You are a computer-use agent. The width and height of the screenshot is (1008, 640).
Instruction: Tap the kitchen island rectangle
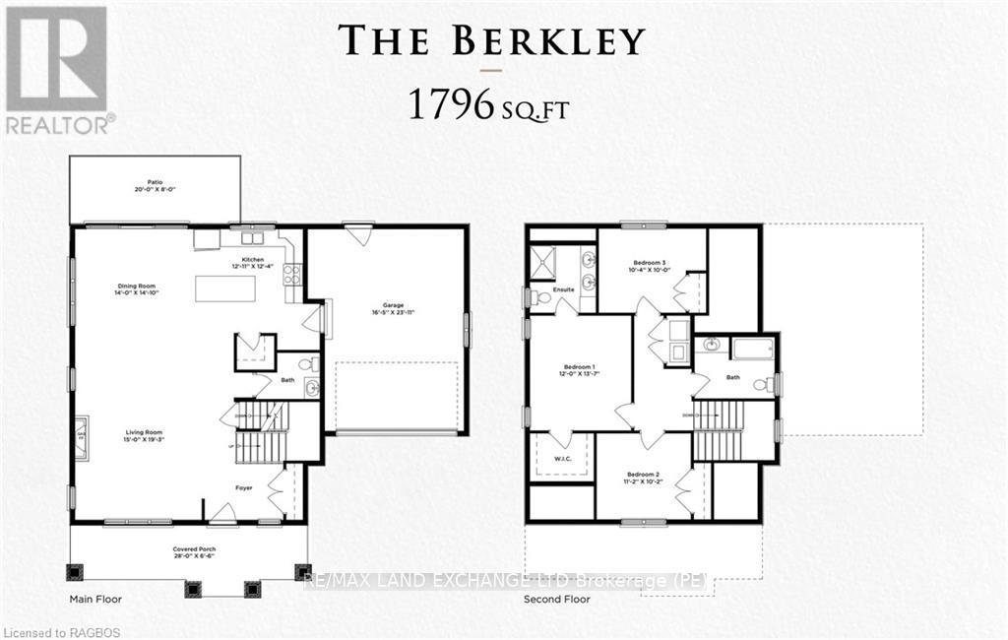tap(225, 288)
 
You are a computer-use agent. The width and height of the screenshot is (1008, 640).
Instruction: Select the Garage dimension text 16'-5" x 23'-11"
tap(386, 313)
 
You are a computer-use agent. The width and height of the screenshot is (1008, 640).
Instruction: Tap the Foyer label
tap(243, 487)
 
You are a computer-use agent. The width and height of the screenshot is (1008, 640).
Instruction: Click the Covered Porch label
tap(187, 548)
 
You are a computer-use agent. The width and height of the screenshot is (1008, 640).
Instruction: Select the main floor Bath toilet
tap(307, 365)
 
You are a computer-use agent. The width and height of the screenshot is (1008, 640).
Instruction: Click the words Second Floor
tap(557, 599)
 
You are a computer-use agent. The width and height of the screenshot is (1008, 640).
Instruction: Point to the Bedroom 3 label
tap(650, 263)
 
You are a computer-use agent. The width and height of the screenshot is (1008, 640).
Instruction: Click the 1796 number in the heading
tap(449, 105)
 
